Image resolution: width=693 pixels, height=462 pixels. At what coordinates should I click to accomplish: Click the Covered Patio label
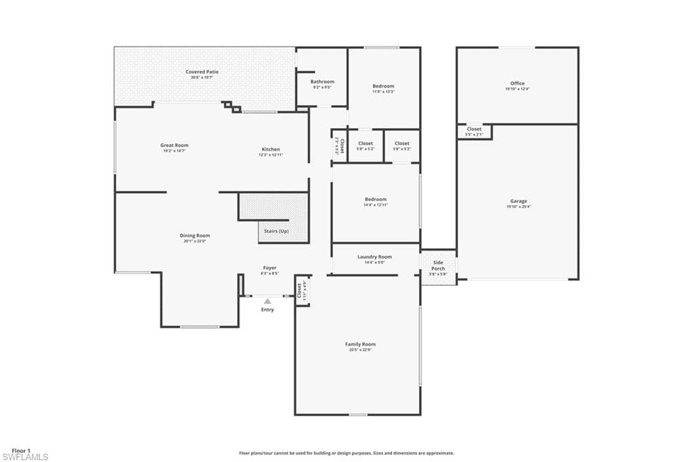click(202, 72)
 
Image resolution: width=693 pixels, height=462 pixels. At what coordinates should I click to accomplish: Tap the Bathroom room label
click(322, 82)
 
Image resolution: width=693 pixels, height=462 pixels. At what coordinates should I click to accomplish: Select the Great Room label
click(174, 145)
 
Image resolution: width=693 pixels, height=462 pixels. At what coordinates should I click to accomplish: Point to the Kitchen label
click(271, 149)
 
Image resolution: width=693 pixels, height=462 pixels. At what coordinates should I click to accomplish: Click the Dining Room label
click(194, 236)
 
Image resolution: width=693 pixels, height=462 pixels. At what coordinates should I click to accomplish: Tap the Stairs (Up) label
click(274, 231)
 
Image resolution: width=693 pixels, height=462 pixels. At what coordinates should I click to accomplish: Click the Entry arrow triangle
click(267, 301)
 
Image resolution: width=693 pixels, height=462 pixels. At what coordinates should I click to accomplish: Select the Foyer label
click(269, 268)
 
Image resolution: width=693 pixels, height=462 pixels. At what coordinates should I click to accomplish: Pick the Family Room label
click(360, 344)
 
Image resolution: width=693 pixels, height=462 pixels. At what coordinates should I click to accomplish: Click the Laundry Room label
click(374, 257)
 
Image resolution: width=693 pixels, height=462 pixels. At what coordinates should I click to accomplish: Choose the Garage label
click(518, 201)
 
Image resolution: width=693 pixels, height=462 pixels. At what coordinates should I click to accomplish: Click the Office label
click(517, 83)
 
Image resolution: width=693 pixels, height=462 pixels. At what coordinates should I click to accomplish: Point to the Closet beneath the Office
click(474, 129)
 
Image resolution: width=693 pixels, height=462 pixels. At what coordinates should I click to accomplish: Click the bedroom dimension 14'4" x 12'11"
click(375, 205)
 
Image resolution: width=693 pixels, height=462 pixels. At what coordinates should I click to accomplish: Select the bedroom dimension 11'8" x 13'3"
click(383, 91)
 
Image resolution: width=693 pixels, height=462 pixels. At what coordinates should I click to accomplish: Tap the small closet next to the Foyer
click(299, 290)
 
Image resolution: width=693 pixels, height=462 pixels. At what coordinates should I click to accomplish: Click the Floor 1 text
click(21, 450)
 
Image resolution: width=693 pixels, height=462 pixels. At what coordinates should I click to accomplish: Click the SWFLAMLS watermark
click(25, 457)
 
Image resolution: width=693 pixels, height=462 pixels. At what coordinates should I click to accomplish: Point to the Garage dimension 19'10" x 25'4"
click(518, 207)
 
